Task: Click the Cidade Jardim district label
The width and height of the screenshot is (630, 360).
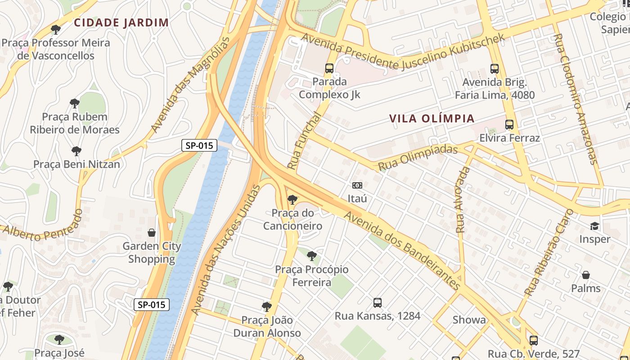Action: point(121,22)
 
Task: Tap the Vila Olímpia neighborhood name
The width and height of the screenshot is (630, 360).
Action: point(432,118)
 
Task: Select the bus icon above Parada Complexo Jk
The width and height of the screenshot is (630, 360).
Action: point(329,68)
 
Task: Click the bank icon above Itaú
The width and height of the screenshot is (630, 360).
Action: point(357,185)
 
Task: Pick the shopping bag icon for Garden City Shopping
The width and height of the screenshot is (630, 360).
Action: point(152,233)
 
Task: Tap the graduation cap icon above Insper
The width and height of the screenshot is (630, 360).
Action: point(594,226)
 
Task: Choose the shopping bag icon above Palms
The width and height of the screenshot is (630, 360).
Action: point(586,274)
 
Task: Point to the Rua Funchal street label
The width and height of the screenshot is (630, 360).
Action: point(305,141)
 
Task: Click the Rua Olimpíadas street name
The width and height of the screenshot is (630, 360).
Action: point(418,157)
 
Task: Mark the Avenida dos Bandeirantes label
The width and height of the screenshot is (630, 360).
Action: point(402,251)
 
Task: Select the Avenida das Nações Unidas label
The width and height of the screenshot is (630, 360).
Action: point(225,250)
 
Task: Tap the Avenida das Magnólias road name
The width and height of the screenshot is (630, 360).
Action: point(190,85)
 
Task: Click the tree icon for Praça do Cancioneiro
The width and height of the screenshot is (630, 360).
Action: point(292,199)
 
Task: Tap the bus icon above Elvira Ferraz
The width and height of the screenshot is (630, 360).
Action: point(509,125)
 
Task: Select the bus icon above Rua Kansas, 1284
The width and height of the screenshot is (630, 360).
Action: point(378,303)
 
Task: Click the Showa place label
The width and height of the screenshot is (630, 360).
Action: point(469,320)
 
